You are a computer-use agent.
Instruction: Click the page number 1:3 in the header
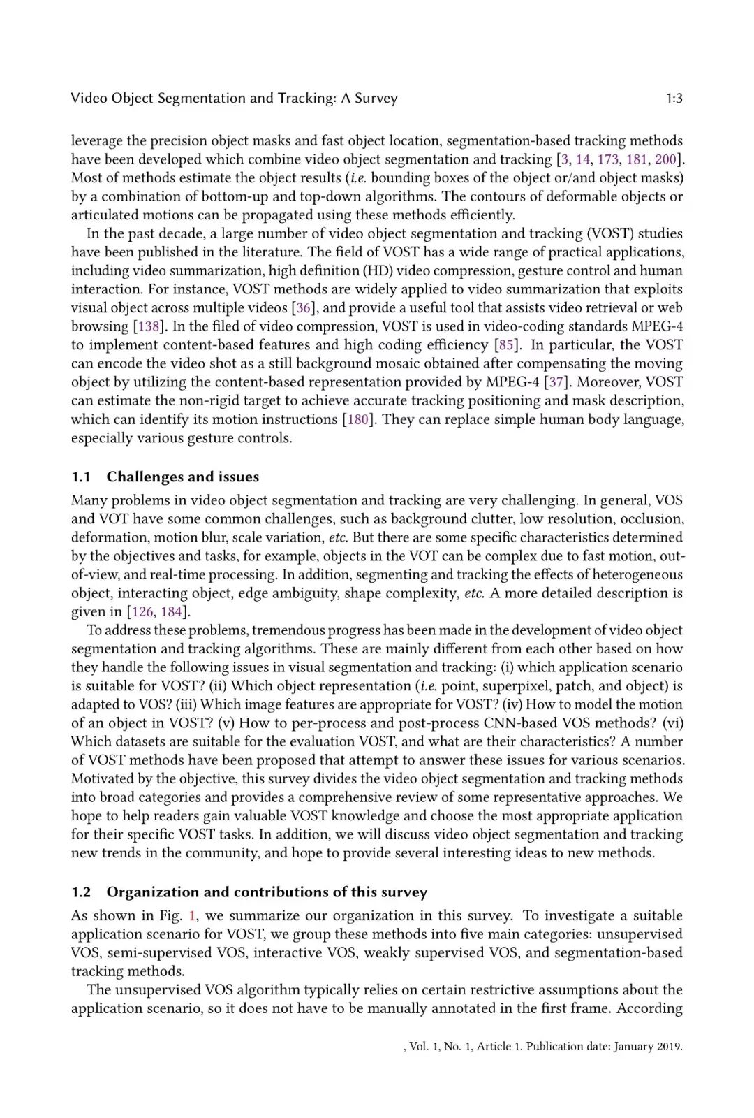[x=674, y=99]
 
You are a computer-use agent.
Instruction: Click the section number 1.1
[x=81, y=477]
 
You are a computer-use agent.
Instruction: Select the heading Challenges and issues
[x=182, y=477]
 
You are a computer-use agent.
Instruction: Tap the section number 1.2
[x=81, y=892]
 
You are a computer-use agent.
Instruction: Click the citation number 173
[x=608, y=159]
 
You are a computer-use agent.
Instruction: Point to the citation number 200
[x=666, y=159]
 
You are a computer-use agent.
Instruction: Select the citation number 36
[x=303, y=307]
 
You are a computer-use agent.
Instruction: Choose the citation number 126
[x=142, y=611]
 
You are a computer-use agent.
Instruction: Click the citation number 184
[x=172, y=611]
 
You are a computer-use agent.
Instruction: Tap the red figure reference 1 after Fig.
[x=193, y=915]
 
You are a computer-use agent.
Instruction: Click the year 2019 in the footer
[x=669, y=1046]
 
